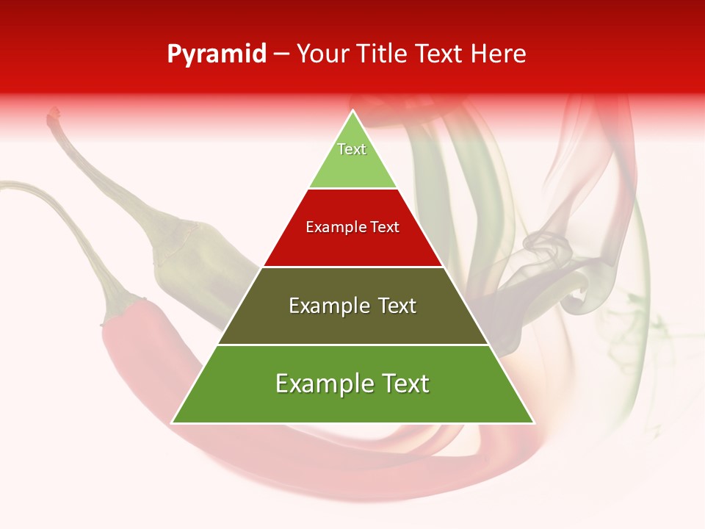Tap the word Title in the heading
tap(383, 54)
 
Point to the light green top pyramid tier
tap(352, 165)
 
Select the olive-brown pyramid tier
tap(352, 323)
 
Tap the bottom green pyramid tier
tap(352, 403)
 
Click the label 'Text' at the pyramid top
tap(352, 149)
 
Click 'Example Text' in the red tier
tap(352, 227)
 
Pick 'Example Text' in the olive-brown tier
tap(352, 306)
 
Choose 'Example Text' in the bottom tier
tap(352, 384)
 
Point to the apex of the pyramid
tap(353, 111)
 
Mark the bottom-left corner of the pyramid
tap(173, 422)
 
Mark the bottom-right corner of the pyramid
tap(534, 422)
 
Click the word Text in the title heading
tap(441, 54)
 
